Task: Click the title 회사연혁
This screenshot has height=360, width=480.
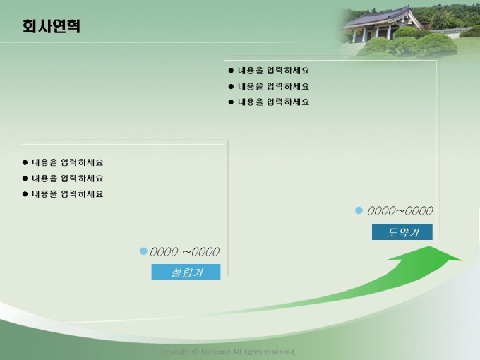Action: tap(52, 26)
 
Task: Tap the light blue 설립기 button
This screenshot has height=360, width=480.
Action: tap(186, 272)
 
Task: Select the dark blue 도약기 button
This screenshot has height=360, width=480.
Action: tap(402, 232)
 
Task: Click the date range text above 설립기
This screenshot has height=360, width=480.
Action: tap(185, 251)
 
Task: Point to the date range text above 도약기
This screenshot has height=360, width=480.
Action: tap(400, 210)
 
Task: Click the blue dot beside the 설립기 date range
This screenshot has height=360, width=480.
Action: tap(143, 251)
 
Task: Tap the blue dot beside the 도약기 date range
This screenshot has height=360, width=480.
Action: tap(359, 210)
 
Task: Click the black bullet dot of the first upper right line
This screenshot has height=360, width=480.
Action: tap(231, 71)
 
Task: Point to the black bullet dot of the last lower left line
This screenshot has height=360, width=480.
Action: tap(25, 194)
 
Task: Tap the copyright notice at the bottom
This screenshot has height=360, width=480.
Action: tap(226, 352)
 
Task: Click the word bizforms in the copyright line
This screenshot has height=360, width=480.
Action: tap(215, 352)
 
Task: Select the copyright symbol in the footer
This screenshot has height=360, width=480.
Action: tap(195, 352)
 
